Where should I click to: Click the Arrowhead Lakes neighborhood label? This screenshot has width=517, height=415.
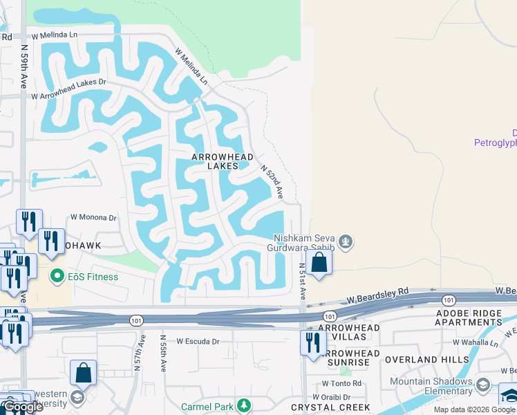215,162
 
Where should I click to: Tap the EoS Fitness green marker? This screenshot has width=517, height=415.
57,277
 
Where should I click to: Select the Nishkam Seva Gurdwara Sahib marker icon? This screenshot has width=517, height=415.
346,242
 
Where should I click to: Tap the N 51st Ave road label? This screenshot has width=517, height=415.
302,279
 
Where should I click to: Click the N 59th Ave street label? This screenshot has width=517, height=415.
23,66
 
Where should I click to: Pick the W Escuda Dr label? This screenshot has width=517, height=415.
197,341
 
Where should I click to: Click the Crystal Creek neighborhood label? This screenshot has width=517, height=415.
330,407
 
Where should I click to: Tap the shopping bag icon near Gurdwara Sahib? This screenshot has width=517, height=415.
319,263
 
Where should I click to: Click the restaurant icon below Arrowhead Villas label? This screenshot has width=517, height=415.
313,342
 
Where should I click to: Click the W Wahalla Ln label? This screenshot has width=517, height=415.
475,342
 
